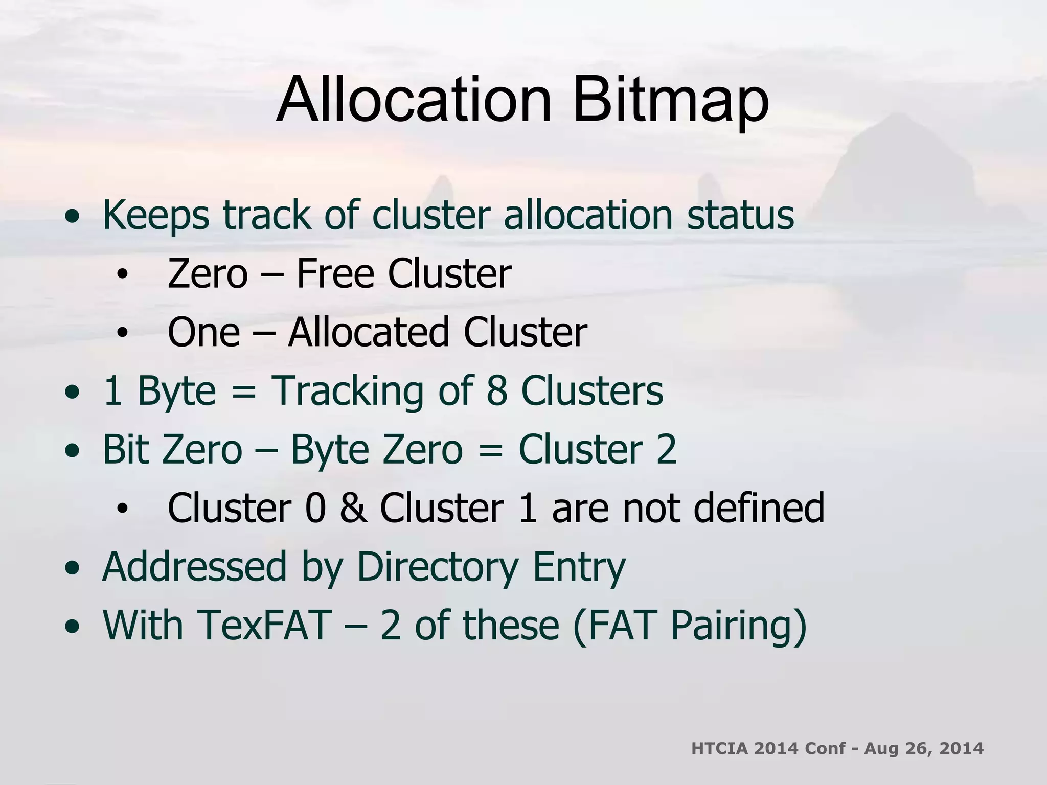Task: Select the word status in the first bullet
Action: pos(740,215)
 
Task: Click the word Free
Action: pos(336,274)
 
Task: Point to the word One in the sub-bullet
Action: pos(203,332)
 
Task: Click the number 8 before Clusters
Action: pos(496,391)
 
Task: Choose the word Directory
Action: pos(438,567)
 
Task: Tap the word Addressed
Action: pos(194,567)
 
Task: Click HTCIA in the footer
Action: pos(719,749)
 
